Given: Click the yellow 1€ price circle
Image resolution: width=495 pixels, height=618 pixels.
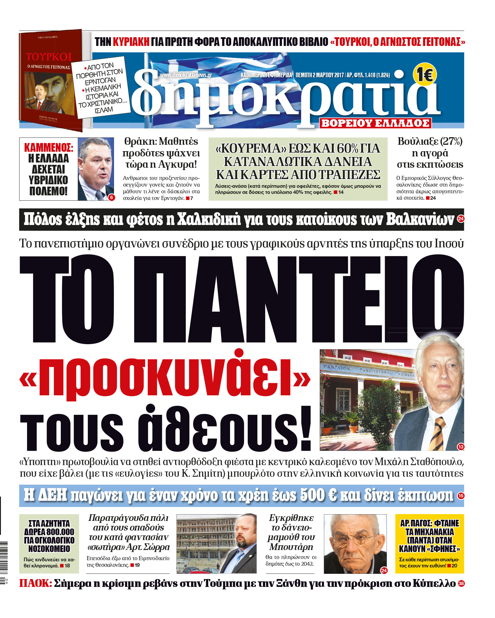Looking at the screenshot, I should (x=425, y=75).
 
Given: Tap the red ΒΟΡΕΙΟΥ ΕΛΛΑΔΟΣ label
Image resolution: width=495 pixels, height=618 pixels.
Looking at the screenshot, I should (x=375, y=123).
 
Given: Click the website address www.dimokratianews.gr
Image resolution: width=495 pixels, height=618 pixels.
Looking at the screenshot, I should (x=186, y=75).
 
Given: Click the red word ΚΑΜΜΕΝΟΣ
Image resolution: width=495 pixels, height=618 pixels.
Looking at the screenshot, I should (x=48, y=148).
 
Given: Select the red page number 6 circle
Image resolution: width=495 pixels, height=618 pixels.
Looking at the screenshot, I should (x=112, y=198).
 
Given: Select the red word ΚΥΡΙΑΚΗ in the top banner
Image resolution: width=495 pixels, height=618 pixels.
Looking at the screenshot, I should (x=131, y=42).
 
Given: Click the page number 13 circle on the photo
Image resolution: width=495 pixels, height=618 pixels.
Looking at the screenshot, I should (x=461, y=447).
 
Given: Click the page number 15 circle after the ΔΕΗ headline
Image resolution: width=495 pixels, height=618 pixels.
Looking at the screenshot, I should (x=461, y=496).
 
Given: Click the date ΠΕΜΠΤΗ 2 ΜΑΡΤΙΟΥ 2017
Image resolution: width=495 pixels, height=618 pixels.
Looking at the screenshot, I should (x=320, y=75).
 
